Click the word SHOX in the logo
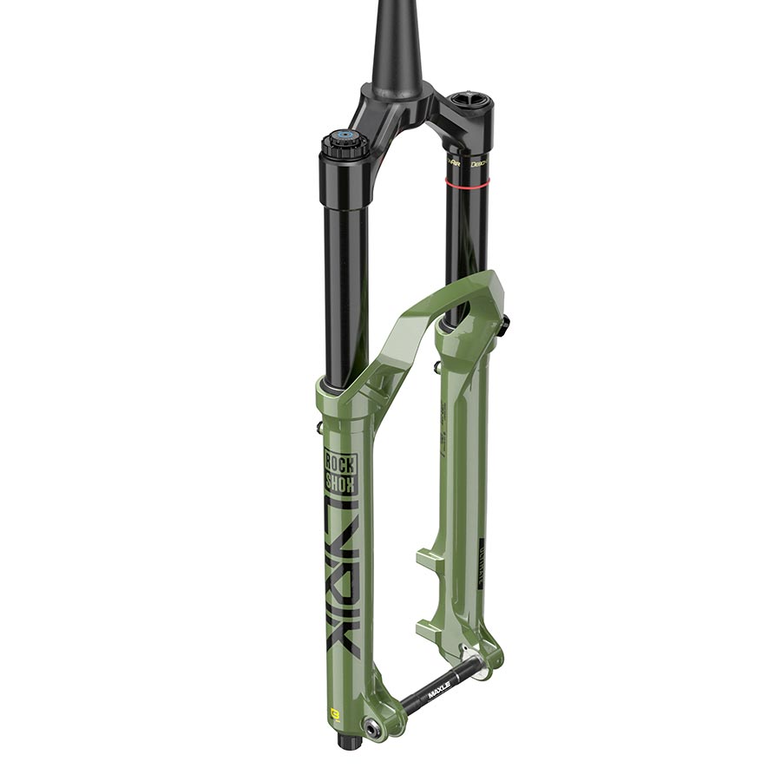tap(340, 482)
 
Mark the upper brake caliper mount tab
tap(431, 555)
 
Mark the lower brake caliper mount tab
tap(431, 627)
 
